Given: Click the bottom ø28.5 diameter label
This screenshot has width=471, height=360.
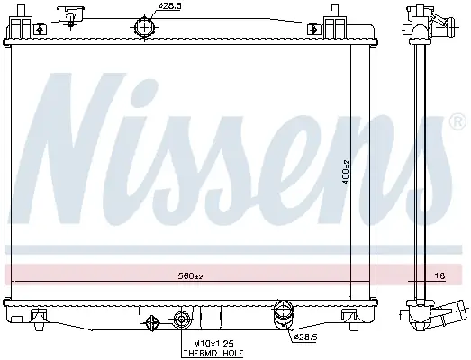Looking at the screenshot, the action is (305, 337).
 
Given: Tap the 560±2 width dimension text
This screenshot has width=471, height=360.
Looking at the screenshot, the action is (190, 275).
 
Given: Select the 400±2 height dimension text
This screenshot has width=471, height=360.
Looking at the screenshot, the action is (346, 172).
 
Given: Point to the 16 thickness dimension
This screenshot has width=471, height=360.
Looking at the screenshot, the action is (440, 275).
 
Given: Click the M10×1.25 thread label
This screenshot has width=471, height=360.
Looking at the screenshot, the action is (213, 343).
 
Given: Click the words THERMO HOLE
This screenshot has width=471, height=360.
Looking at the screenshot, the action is (213, 354).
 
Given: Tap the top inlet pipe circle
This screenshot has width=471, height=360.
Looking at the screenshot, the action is (144, 27).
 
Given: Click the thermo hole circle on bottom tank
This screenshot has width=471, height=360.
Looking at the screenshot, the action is (182, 319).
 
